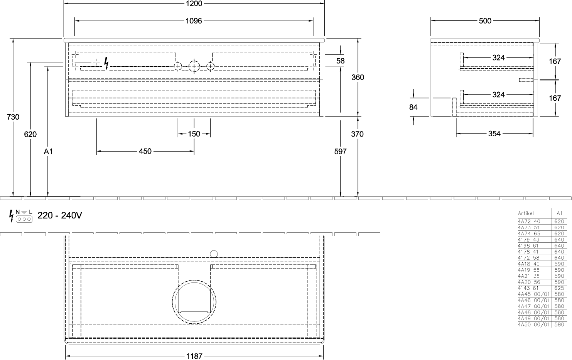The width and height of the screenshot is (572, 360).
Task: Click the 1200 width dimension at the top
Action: pyautogui.click(x=194, y=3)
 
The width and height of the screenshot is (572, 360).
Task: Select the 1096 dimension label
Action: pyautogui.click(x=194, y=21)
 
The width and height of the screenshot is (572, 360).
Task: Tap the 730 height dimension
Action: pyautogui.click(x=13, y=117)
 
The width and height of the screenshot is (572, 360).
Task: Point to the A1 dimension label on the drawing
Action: pyautogui.click(x=48, y=152)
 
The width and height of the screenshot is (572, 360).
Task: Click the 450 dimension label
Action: pyautogui.click(x=145, y=151)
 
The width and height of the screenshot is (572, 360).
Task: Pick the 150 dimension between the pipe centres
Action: pyautogui.click(x=194, y=134)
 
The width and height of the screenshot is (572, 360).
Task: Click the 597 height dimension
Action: pyautogui.click(x=341, y=152)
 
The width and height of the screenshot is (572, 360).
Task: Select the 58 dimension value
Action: pyautogui.click(x=341, y=61)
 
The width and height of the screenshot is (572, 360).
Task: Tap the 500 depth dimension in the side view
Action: pyautogui.click(x=485, y=21)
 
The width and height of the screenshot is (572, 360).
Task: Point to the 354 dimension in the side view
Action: pyautogui.click(x=494, y=134)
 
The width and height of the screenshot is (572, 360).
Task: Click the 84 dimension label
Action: pyautogui.click(x=413, y=107)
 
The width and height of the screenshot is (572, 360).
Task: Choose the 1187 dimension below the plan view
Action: pyautogui.click(x=194, y=356)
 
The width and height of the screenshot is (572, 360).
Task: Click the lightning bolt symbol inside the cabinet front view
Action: pyautogui.click(x=106, y=63)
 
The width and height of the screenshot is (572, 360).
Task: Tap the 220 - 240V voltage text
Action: pyautogui.click(x=60, y=215)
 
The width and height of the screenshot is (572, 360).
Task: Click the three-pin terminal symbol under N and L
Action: pyautogui.click(x=24, y=219)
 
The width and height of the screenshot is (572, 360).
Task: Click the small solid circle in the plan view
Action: pyautogui.click(x=214, y=254)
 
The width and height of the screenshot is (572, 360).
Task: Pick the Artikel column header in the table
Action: pyautogui.click(x=526, y=213)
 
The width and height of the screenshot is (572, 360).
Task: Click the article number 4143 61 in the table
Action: pyautogui.click(x=528, y=288)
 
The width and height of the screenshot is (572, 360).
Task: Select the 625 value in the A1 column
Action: pyautogui.click(x=559, y=288)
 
